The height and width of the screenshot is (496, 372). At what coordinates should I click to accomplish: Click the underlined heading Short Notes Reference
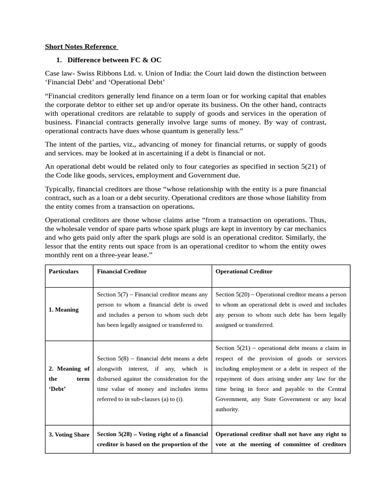click(x=81, y=46)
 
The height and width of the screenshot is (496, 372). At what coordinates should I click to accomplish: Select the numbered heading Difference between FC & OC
click(x=114, y=60)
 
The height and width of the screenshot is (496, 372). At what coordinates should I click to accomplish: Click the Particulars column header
click(x=63, y=271)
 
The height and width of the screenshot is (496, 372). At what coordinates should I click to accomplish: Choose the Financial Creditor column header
click(x=122, y=271)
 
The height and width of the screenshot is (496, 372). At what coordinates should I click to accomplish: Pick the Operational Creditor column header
click(x=244, y=271)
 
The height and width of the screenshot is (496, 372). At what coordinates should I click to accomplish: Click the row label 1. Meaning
click(x=63, y=310)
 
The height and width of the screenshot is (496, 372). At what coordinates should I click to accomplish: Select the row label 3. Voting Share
click(x=69, y=434)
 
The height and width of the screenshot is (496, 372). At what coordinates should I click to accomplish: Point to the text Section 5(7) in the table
click(x=112, y=294)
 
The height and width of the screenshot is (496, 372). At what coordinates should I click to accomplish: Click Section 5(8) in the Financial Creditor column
click(x=112, y=358)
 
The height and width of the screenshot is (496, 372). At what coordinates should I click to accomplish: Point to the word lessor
click(x=55, y=246)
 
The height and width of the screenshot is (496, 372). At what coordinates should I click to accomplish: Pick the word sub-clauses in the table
click(x=150, y=399)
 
